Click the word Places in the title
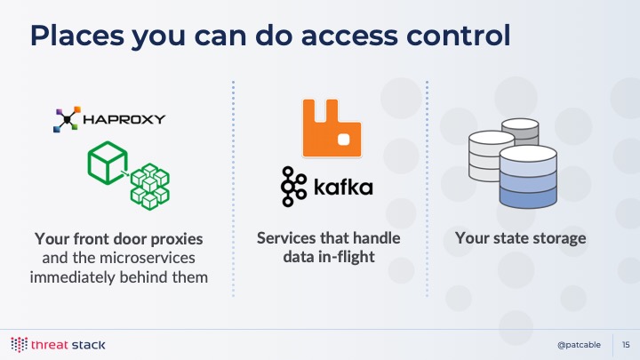point(76,35)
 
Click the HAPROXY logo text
point(124,119)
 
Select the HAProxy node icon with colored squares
point(67,119)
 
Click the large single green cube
point(108,163)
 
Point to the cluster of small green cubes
point(150,187)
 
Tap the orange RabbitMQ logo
point(332,128)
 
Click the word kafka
point(343,187)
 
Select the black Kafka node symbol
point(293,186)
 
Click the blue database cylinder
point(528,177)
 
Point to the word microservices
point(147,258)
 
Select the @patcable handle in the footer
point(579,345)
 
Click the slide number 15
point(626,345)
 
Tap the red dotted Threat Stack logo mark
point(20,345)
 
